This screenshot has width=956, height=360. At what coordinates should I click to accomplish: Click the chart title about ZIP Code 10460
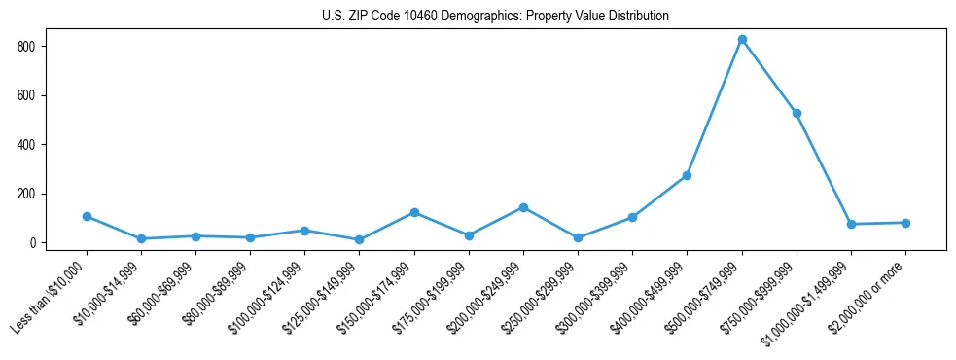click(x=495, y=17)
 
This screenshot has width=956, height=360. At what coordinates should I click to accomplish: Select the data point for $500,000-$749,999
click(x=742, y=40)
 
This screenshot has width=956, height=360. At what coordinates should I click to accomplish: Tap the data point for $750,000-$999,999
click(x=797, y=113)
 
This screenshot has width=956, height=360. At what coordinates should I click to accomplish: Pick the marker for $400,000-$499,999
click(x=687, y=175)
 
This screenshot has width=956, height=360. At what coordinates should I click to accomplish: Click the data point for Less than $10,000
click(x=87, y=216)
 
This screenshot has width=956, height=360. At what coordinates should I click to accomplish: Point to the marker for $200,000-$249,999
click(x=523, y=207)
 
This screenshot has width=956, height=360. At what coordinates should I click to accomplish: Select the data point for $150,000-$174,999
click(x=414, y=212)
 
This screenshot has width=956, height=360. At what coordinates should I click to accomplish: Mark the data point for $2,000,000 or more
click(x=905, y=223)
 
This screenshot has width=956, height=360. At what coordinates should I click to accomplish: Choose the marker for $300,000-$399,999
click(x=632, y=217)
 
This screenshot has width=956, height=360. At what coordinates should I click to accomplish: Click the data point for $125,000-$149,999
click(x=360, y=239)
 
